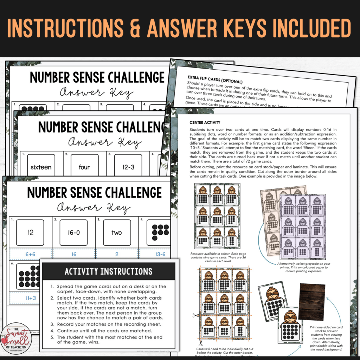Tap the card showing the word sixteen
point(41,167)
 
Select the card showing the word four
point(84,167)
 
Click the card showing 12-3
point(128,167)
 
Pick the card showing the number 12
point(30,232)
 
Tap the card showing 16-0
point(73,232)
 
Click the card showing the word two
point(117,232)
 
